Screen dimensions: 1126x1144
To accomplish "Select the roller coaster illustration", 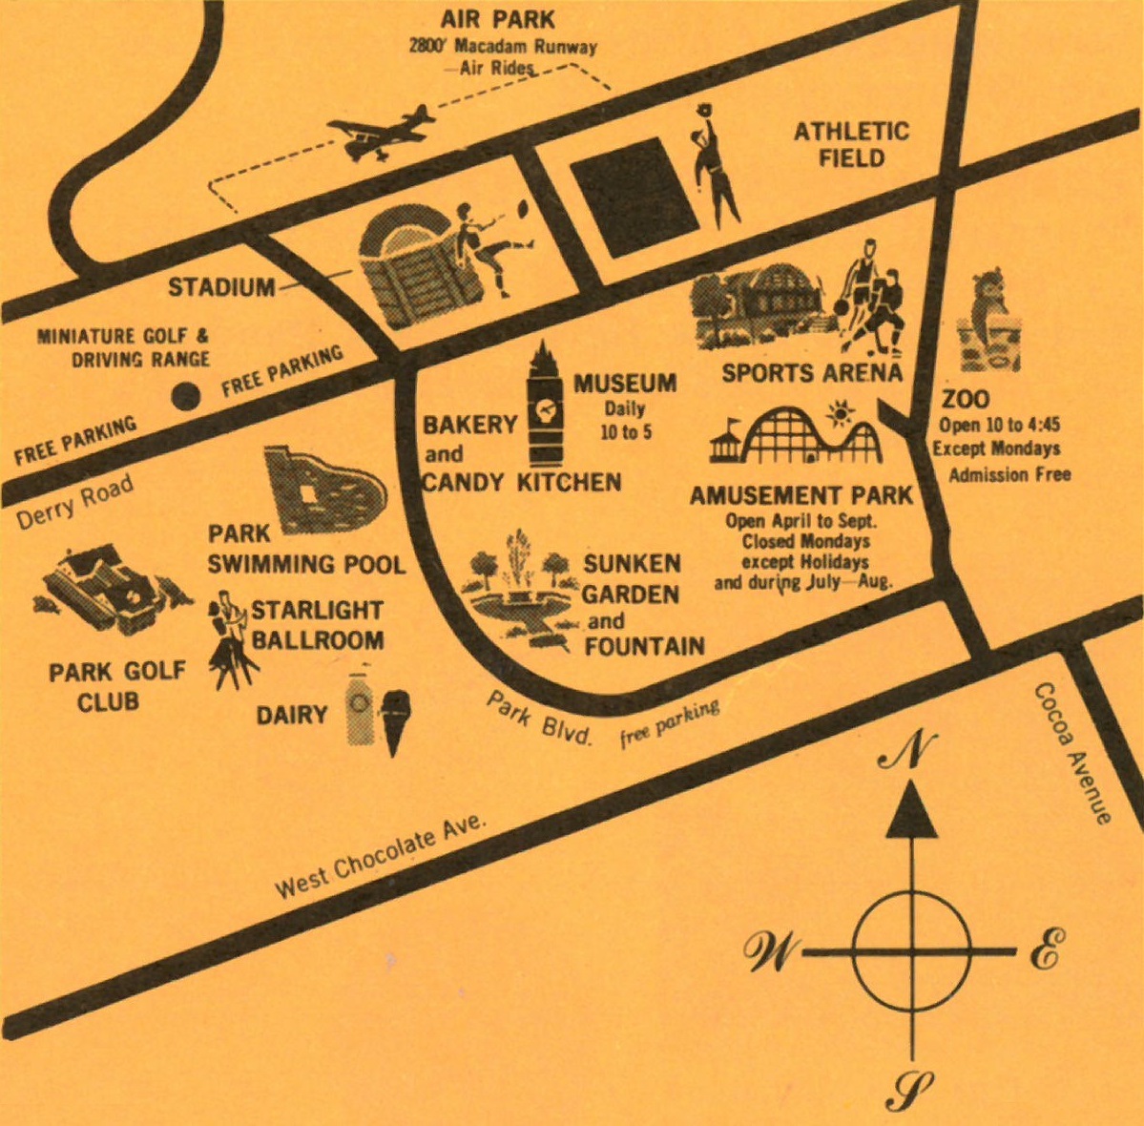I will click(x=811, y=437).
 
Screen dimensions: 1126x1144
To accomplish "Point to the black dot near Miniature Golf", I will click(x=186, y=395).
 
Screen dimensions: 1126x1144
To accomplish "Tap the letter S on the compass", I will click(x=910, y=1087).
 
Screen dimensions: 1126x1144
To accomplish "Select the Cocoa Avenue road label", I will click(x=1073, y=754).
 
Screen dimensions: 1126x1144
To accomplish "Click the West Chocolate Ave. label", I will click(x=381, y=858).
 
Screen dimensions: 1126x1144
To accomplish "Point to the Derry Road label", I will click(x=75, y=502).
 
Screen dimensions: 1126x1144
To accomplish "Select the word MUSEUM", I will click(x=625, y=384).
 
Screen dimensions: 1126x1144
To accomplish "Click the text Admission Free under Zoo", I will click(x=1009, y=474).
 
